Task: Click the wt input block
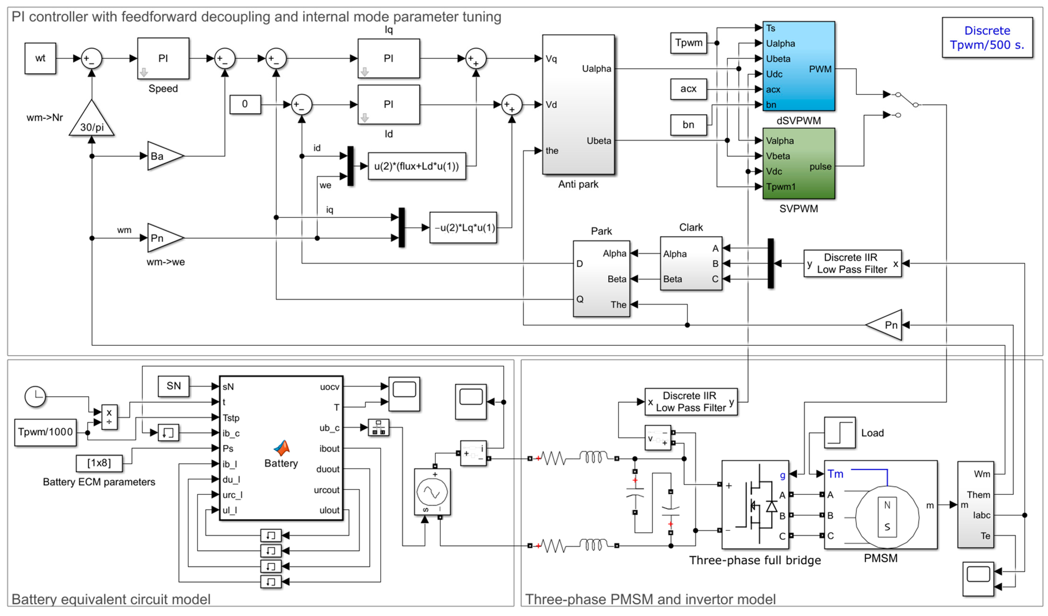[40, 58]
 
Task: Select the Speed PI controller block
[163, 58]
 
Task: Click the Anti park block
[578, 104]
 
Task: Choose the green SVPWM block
[799, 164]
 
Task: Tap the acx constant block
[688, 89]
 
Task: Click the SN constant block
[173, 386]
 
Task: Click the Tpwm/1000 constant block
[45, 432]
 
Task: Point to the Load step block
[840, 433]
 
